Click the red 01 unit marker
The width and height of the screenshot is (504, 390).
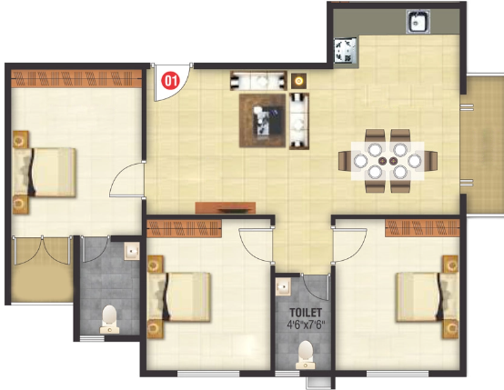pyautogui.click(x=170, y=81)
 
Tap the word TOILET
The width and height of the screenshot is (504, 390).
pyautogui.click(x=306, y=313)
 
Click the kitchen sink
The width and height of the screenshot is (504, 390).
pyautogui.click(x=418, y=22)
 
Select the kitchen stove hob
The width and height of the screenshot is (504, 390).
pyautogui.click(x=346, y=50)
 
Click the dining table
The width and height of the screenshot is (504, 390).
pyautogui.click(x=388, y=161)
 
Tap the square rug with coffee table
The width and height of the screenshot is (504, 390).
pyautogui.click(x=263, y=121)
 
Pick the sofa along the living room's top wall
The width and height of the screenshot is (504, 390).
pyautogui.click(x=258, y=81)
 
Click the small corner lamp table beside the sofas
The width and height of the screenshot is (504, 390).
pyautogui.click(x=299, y=81)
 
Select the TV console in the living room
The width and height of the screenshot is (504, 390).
pyautogui.click(x=226, y=207)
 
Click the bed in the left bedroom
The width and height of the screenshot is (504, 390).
pyautogui.click(x=44, y=172)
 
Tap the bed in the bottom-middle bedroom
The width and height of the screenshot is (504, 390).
pyautogui.click(x=178, y=297)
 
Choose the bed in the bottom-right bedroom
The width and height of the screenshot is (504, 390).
pyautogui.click(x=428, y=297)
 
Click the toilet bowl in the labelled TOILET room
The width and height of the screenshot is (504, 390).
pyautogui.click(x=305, y=355)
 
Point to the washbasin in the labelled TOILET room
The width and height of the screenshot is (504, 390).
pyautogui.click(x=283, y=286)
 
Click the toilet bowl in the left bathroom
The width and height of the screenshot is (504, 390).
pyautogui.click(x=109, y=319)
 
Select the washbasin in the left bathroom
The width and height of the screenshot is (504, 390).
pyautogui.click(x=132, y=251)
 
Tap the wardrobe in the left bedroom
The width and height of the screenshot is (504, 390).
pyautogui.click(x=76, y=79)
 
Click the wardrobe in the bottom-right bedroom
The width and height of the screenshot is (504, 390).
pyautogui.click(x=422, y=228)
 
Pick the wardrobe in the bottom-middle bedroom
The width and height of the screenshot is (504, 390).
pyautogui.click(x=184, y=229)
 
